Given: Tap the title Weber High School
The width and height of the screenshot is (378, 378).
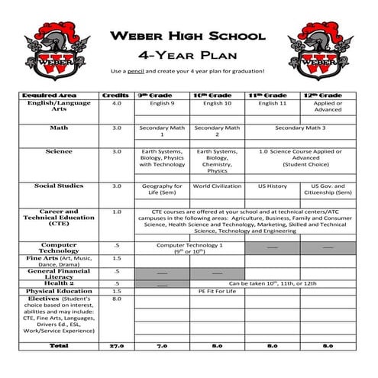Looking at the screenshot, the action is pyautogui.click(x=187, y=36).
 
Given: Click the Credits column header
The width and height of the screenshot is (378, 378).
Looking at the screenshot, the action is pyautogui.click(x=116, y=95).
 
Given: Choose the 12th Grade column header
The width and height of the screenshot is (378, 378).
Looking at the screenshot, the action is pyautogui.click(x=328, y=95).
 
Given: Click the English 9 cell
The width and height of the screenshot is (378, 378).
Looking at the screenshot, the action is pyautogui.click(x=161, y=102).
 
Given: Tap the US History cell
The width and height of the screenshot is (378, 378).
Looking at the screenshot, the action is pyautogui.click(x=273, y=186).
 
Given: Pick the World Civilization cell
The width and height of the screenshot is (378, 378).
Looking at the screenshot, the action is pyautogui.click(x=217, y=186).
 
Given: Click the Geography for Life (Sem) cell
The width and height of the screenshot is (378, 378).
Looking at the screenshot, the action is pyautogui.click(x=161, y=189).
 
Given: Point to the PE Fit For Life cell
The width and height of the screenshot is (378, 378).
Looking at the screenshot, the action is pyautogui.click(x=217, y=291).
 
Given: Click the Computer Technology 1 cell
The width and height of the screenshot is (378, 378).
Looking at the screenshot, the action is pyautogui.click(x=189, y=247).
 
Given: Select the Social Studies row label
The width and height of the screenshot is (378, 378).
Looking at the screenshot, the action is pyautogui.click(x=59, y=186).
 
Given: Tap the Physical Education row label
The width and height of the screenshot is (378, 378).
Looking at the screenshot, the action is pyautogui.click(x=59, y=291).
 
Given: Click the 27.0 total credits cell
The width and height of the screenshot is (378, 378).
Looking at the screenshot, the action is pyautogui.click(x=116, y=345).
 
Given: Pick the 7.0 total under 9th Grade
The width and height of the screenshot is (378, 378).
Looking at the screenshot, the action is pyautogui.click(x=161, y=345).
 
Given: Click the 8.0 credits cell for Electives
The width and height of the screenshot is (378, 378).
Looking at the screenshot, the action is pyautogui.click(x=116, y=299).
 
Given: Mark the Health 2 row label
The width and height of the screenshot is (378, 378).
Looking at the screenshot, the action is pyautogui.click(x=59, y=283).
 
